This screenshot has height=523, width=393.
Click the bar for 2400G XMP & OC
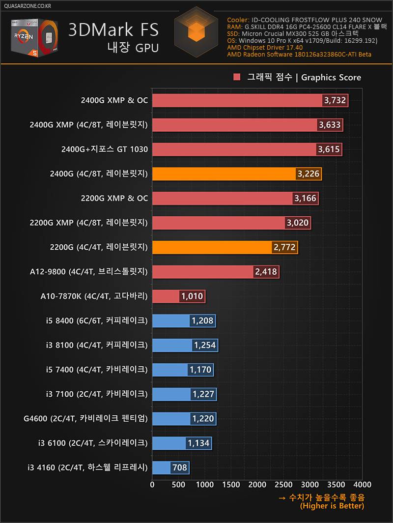(x=236, y=101)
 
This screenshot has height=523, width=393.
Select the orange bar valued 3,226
(x=224, y=174)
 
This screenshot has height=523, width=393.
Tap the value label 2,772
(x=284, y=247)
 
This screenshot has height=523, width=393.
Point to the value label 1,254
(x=205, y=345)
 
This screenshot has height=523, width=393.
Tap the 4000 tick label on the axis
(x=362, y=484)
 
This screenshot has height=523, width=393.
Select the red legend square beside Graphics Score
(x=237, y=77)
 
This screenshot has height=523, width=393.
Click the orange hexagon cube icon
(x=196, y=30)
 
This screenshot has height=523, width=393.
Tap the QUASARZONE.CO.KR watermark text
(x=27, y=6)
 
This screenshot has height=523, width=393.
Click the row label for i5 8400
(x=96, y=321)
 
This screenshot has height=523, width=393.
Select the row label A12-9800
(x=94, y=272)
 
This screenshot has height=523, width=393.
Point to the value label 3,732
(x=335, y=101)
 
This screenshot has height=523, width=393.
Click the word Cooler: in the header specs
(x=238, y=20)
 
